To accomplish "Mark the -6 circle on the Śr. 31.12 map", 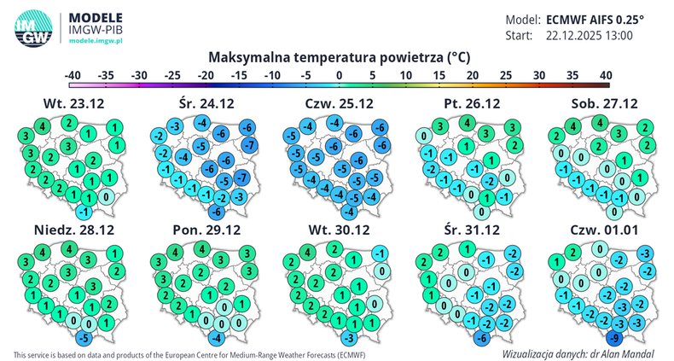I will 481,338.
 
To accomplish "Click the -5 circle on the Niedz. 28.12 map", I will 82,338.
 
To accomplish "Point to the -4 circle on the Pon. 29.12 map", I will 216,338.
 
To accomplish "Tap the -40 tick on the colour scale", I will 73,75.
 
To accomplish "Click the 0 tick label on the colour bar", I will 340,75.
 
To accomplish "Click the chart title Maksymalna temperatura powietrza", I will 339,57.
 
